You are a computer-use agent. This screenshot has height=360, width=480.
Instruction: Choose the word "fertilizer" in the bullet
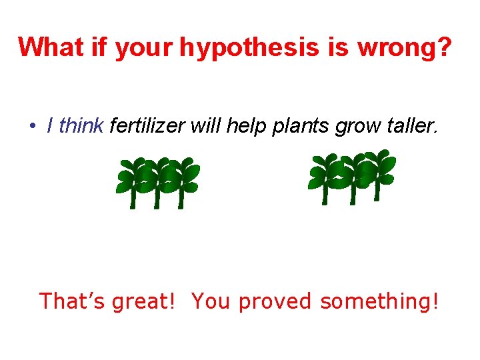click(x=147, y=125)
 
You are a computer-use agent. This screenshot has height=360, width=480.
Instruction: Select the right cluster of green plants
click(x=352, y=177)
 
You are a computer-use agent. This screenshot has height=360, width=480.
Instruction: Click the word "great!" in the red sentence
click(x=145, y=301)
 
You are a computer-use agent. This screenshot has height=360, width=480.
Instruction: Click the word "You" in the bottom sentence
click(x=211, y=301)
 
